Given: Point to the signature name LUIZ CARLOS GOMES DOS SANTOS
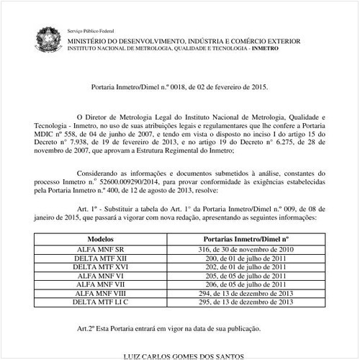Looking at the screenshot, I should pyautogui.click(x=184, y=356).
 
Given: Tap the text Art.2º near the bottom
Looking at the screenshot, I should pyautogui.click(x=87, y=328).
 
